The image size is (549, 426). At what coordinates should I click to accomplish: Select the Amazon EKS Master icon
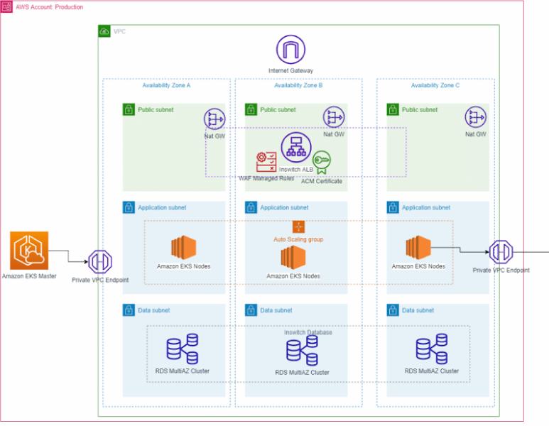[x=29, y=251]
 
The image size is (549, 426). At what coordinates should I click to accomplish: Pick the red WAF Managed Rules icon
[x=266, y=161]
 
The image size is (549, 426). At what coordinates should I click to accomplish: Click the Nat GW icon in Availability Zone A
[x=214, y=118]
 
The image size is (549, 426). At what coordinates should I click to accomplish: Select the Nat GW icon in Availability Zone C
[x=475, y=117]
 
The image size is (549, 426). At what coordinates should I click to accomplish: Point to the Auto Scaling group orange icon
[x=298, y=226]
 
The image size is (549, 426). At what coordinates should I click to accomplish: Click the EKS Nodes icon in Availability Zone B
[x=293, y=258]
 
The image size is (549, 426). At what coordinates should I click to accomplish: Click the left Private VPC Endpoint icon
[x=100, y=261]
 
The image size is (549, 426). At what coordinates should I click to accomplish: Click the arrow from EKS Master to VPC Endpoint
[x=67, y=256]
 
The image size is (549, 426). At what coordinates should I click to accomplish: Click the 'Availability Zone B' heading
[x=298, y=85]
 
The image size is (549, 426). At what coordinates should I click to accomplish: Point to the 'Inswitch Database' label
[x=308, y=332]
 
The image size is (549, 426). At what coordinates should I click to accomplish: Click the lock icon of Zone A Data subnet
[x=129, y=310]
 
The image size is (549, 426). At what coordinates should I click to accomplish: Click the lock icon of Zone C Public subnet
[x=393, y=109]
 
